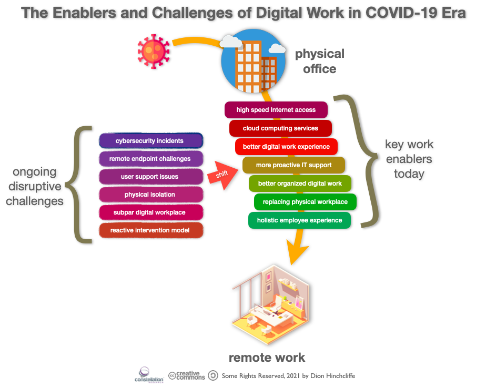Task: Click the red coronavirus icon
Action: point(154,51)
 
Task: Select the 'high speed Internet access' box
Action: point(276,110)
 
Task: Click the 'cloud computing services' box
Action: point(280,128)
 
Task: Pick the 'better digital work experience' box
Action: point(286,147)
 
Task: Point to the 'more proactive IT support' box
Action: point(293,165)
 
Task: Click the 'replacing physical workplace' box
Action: point(305,202)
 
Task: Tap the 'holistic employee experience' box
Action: point(299,220)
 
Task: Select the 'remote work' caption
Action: point(267,358)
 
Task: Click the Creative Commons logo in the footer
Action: point(187,375)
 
